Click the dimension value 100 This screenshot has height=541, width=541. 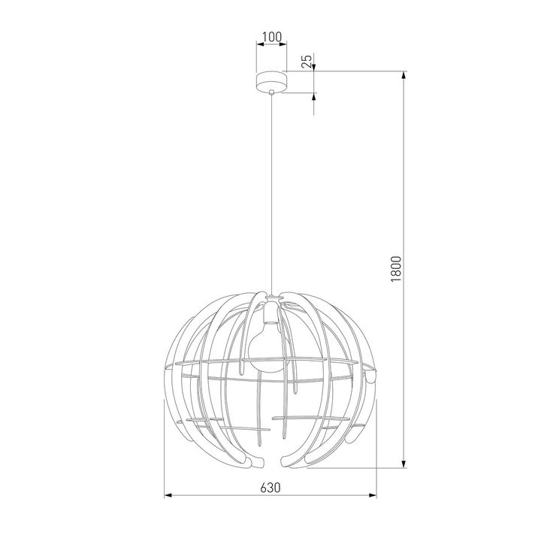click(270, 36)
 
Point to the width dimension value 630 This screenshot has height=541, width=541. click(270, 487)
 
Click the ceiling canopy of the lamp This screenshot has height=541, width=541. click(270, 82)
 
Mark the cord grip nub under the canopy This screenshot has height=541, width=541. click(270, 92)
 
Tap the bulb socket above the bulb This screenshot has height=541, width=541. click(270, 309)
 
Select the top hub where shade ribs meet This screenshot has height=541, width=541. click(270, 298)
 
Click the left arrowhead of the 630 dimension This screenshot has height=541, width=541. click(168, 496)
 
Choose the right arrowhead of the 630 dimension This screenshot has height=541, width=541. click(372, 496)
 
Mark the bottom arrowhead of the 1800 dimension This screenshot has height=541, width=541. click(406, 465)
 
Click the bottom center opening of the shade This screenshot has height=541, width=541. click(270, 460)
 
